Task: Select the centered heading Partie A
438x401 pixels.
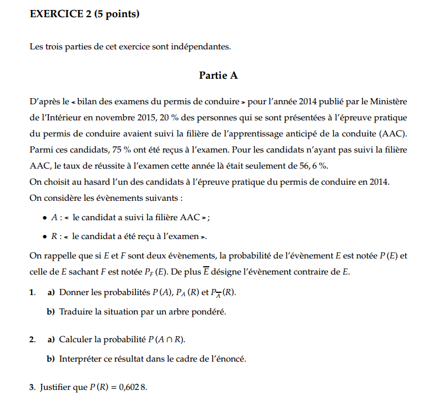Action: click(x=218, y=75)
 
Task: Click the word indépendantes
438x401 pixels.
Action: click(x=203, y=47)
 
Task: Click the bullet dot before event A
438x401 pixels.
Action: click(x=44, y=219)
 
